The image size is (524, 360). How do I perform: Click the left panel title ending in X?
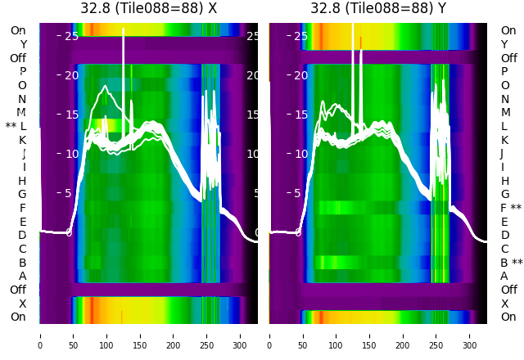tap(148, 9)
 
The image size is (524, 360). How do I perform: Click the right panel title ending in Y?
tap(378, 9)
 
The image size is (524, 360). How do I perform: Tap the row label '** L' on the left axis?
tap(16, 126)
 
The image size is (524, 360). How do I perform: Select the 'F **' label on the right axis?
tap(511, 208)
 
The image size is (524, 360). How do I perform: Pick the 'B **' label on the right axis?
tap(511, 263)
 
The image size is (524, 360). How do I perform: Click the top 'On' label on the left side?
tap(18, 31)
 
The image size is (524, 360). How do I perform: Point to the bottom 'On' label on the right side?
tap(508, 317)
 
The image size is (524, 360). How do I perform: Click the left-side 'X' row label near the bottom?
tap(22, 304)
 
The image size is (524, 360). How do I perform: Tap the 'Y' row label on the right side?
tap(504, 44)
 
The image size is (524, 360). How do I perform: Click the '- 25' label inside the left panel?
tap(68, 36)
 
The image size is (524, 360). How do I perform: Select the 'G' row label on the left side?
tap(22, 194)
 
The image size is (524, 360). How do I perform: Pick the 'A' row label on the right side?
tap(504, 276)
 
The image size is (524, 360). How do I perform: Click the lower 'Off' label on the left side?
tap(18, 290)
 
